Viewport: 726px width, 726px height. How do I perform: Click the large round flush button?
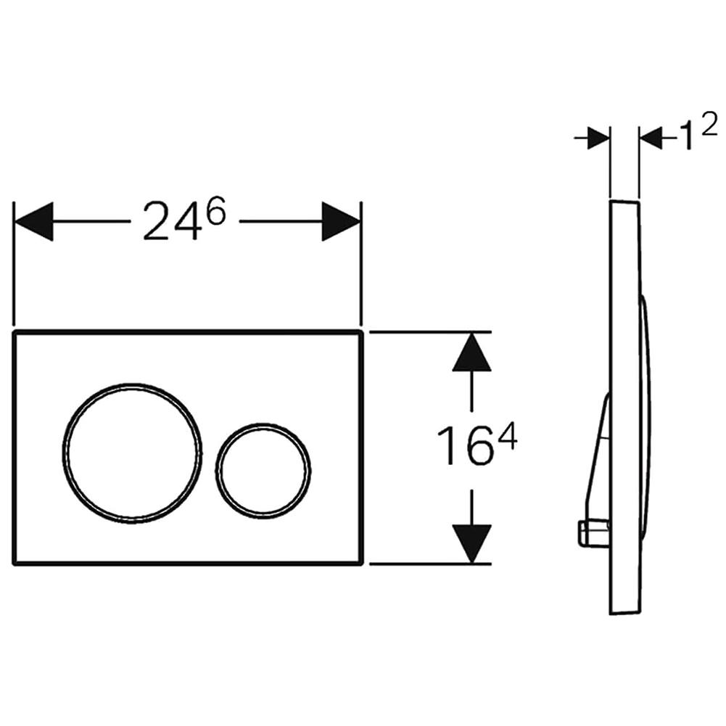point(131,453)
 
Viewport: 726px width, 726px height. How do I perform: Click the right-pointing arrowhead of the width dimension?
point(341,221)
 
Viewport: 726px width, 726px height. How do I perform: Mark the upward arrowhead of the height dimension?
point(472,352)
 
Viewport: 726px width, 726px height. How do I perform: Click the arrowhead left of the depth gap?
point(598,138)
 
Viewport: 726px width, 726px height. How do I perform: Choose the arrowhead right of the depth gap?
point(651,138)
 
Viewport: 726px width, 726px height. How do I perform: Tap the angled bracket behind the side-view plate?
point(599,457)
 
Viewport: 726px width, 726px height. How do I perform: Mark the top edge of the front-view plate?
point(187,332)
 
